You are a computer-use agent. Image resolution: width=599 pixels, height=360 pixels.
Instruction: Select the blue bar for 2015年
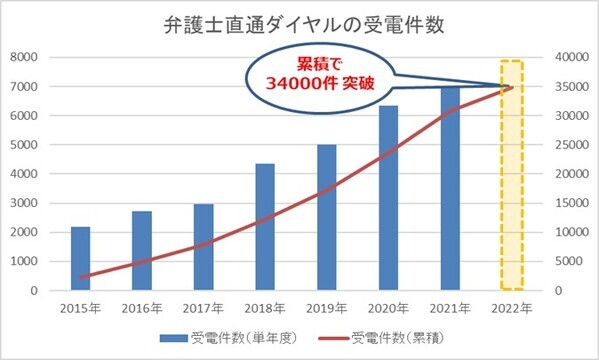pos(81,258)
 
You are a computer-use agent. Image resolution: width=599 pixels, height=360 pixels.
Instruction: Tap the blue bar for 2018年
pos(265,227)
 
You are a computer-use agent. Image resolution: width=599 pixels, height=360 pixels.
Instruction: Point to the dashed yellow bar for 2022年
pos(512,175)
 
